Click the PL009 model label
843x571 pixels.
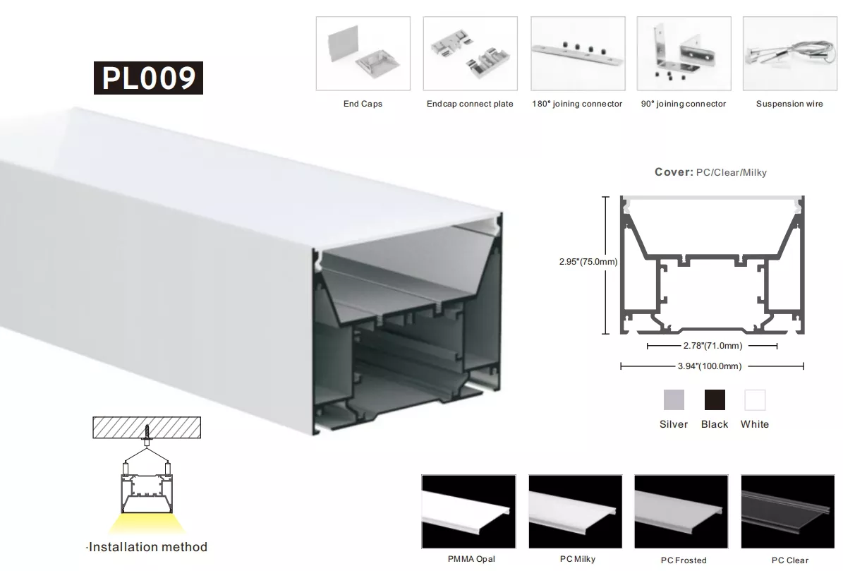[x=148, y=78]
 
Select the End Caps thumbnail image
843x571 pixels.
[x=363, y=53]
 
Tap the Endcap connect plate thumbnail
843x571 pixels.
[x=471, y=53]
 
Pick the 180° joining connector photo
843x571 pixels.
[x=578, y=53]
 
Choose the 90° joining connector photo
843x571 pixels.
[x=684, y=53]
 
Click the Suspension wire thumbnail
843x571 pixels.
[x=790, y=53]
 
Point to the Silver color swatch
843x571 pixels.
[x=674, y=400]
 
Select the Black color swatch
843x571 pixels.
[x=715, y=400]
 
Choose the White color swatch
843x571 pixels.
[x=755, y=400]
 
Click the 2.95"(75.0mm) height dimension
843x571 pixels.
[x=588, y=262]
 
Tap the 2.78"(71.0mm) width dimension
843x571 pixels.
[x=713, y=346]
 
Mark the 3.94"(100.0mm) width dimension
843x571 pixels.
[x=710, y=366]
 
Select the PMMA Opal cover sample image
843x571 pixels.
[x=469, y=511]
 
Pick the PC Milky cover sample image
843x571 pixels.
[x=575, y=511]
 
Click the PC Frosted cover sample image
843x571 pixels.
[x=681, y=511]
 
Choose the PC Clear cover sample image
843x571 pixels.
[x=788, y=511]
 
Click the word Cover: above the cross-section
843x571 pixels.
[x=674, y=172]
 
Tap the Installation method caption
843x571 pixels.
[x=147, y=547]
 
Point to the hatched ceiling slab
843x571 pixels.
[x=147, y=428]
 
